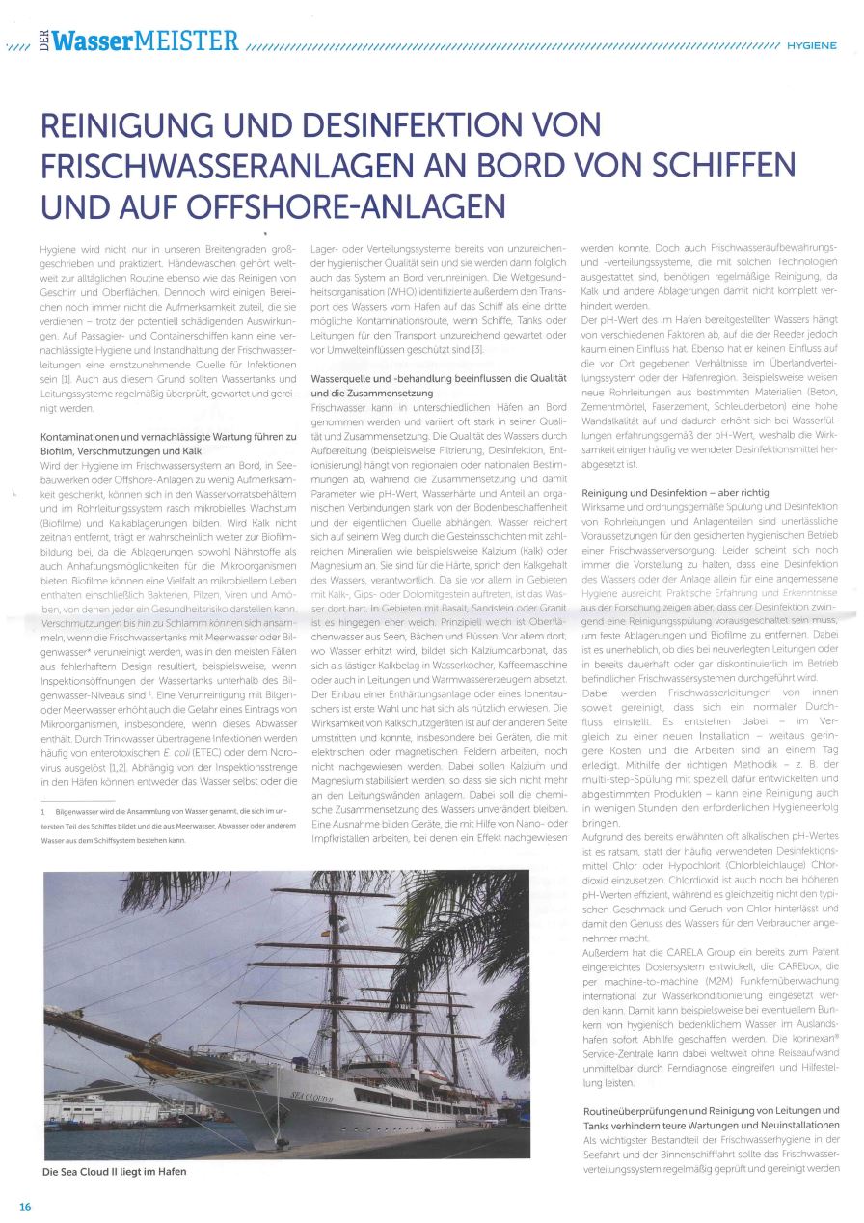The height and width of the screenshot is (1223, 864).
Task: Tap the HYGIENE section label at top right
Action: click(x=811, y=44)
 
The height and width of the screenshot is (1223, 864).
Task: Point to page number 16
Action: click(x=25, y=1207)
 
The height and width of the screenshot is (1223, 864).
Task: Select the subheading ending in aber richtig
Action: click(x=674, y=493)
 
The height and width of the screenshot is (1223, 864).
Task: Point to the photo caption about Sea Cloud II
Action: click(x=114, y=1172)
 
